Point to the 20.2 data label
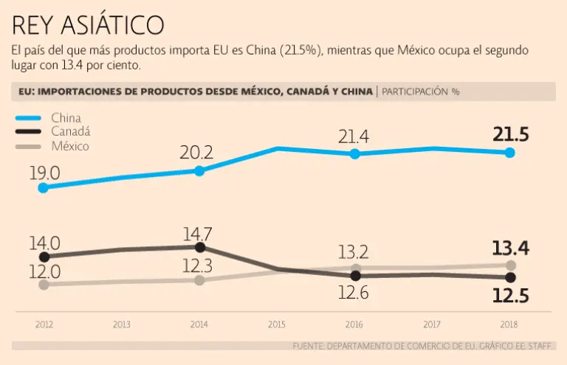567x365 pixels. (x=196, y=153)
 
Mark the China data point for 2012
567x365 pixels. (x=44, y=187)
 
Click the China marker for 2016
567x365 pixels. (x=355, y=153)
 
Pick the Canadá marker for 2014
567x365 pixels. (x=199, y=247)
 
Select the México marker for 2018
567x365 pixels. (x=510, y=265)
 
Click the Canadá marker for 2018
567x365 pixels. (x=510, y=277)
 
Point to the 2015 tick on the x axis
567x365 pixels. (x=277, y=324)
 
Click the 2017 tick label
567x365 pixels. (x=433, y=324)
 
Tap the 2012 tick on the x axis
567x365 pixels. (x=44, y=324)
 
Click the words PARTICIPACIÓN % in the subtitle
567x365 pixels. (x=421, y=92)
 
